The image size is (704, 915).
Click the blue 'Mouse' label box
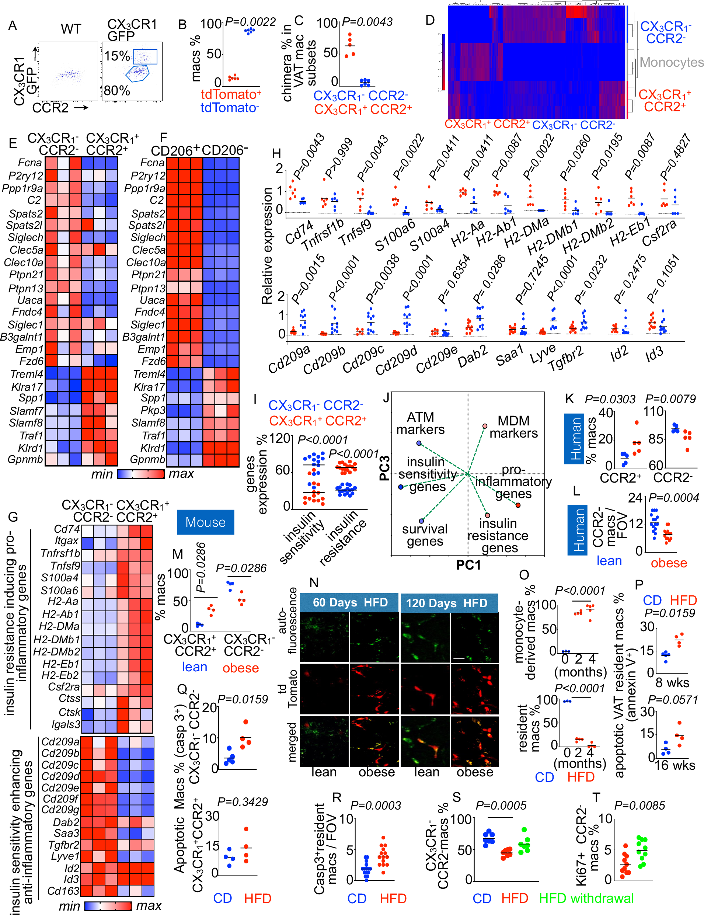click(205, 522)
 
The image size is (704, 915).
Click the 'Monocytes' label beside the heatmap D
click(671, 62)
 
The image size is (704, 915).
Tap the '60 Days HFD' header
click(350, 602)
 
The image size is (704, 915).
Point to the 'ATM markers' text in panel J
click(420, 423)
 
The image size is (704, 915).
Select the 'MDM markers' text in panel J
click(513, 427)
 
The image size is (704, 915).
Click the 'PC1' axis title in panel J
click(468, 565)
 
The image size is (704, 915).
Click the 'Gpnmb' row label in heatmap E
click(25, 460)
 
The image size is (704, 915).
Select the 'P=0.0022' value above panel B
click(250, 22)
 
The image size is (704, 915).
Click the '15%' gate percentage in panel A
click(117, 56)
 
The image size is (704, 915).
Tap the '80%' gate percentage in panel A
click(116, 90)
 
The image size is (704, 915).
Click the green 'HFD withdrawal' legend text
click(586, 898)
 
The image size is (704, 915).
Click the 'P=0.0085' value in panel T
click(639, 805)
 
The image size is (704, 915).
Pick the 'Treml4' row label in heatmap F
click(149, 374)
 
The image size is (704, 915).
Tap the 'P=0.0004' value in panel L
click(673, 498)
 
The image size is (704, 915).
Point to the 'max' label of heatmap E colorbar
click(181, 474)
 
